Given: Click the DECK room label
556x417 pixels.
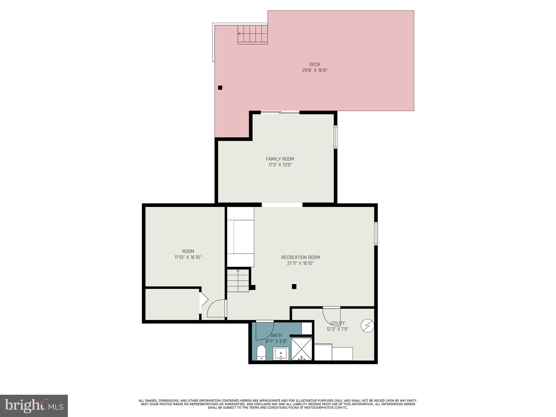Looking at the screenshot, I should coord(315,64).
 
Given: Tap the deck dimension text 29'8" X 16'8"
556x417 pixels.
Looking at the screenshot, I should coord(315,70).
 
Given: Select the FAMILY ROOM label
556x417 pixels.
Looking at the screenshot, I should coord(280,159).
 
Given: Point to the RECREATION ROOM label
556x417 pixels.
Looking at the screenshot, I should coord(301,257).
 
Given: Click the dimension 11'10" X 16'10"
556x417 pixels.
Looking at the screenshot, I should coord(188,257).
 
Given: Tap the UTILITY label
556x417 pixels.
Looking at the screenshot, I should coord(337,323).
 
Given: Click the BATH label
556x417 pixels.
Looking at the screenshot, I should coord(276,335).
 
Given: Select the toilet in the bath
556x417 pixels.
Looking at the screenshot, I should coord(261,353).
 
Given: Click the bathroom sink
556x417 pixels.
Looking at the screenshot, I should coord(281,353).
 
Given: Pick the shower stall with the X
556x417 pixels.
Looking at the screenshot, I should coord(302,349).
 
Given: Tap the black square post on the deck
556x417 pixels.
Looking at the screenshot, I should coord(220,88).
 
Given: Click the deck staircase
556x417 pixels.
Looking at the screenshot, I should coord(252,34).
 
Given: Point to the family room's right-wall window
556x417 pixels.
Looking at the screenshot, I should coord(336,137).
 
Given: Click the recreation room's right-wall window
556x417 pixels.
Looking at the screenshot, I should coord(376,234).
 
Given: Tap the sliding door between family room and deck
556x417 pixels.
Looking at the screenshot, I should coord(280,112).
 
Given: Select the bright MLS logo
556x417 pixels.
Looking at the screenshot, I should coord(34,406).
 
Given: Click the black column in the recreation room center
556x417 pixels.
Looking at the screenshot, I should coord(294,286).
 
